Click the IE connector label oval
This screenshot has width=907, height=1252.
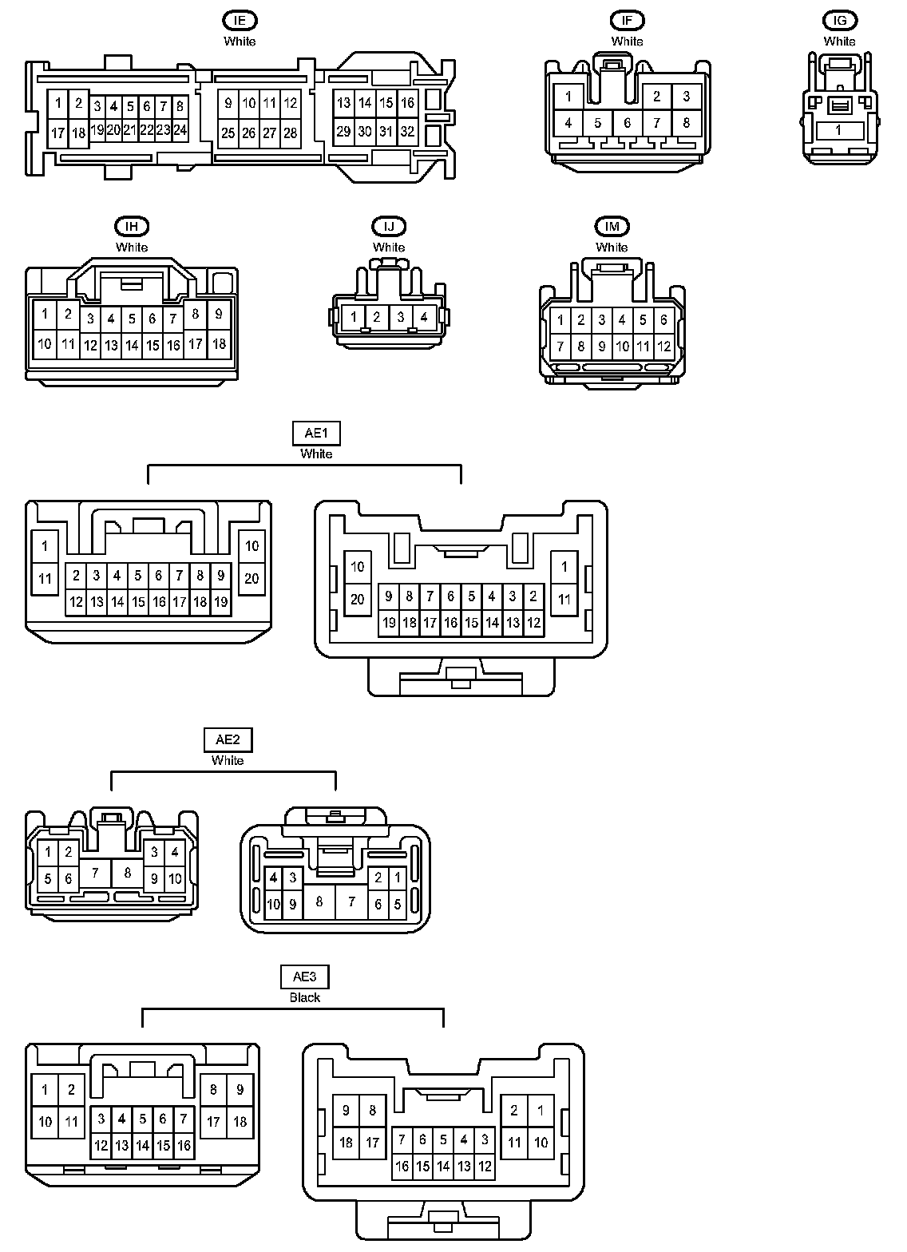pos(240,21)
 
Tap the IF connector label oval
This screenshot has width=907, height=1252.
pos(627,21)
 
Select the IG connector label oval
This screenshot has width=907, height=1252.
pos(839,21)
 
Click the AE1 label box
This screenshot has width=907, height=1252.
pos(316,434)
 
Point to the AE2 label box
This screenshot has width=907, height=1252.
pos(228,740)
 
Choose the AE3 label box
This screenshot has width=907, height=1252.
pos(305,977)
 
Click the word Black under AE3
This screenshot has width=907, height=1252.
pos(305,997)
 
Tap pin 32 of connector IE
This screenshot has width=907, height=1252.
pos(407,132)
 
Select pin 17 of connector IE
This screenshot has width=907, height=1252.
pos(57,133)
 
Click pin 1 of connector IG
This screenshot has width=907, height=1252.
pos(838,130)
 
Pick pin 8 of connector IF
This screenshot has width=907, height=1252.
pos(687,123)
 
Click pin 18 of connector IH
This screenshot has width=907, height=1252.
pos(219,345)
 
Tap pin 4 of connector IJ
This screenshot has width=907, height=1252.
pos(424,317)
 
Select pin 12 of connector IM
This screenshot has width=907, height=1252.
pos(663,347)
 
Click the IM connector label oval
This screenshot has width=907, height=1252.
pos(612,227)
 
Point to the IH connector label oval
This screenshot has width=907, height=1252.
pos(132,227)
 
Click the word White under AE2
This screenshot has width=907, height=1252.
pos(228,760)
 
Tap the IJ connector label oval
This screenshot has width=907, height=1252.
pos(389,227)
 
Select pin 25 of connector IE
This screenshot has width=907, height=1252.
pos(228,133)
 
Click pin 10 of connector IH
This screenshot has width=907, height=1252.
pos(45,345)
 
